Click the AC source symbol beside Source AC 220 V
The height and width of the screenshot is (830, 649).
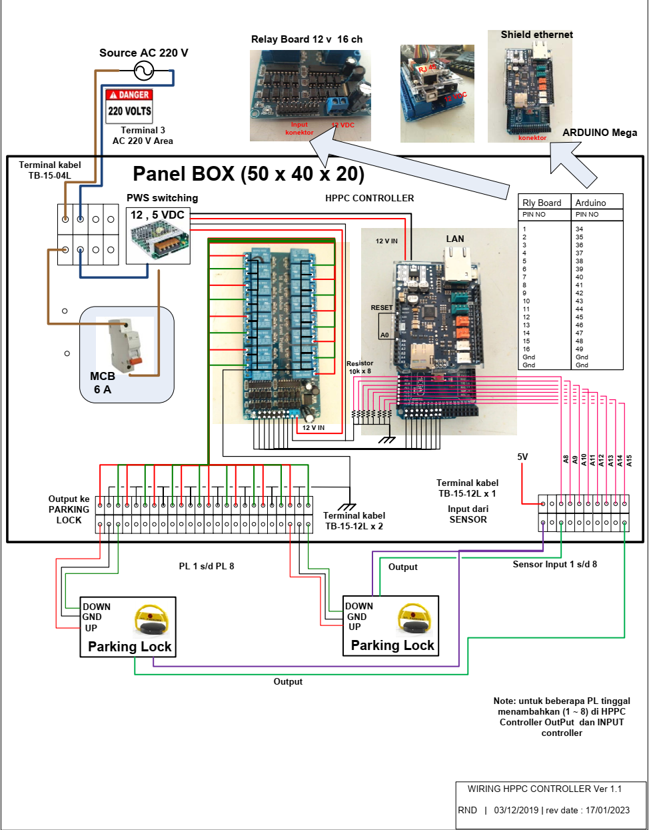144,70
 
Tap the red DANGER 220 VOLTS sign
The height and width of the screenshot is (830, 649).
129,105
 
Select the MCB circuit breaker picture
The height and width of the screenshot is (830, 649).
126,345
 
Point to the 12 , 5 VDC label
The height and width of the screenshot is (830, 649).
157,215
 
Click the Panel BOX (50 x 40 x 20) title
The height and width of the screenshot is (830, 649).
249,174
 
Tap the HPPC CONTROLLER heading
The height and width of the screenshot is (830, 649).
369,198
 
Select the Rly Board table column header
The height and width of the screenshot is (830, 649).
542,203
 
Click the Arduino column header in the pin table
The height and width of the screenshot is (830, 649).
590,203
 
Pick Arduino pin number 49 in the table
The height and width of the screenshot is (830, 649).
579,349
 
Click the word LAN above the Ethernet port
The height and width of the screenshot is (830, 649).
455,239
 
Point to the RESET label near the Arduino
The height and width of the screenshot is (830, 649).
382,307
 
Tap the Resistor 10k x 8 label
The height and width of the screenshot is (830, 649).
360,367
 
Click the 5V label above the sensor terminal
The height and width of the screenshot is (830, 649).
522,457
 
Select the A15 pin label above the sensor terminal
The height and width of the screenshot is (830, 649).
628,460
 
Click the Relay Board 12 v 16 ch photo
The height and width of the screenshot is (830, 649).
310,95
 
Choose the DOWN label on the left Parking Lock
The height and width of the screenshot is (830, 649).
97,607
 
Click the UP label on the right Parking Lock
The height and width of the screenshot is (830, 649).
354,627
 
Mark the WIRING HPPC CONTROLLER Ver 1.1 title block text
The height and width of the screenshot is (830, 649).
544,789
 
